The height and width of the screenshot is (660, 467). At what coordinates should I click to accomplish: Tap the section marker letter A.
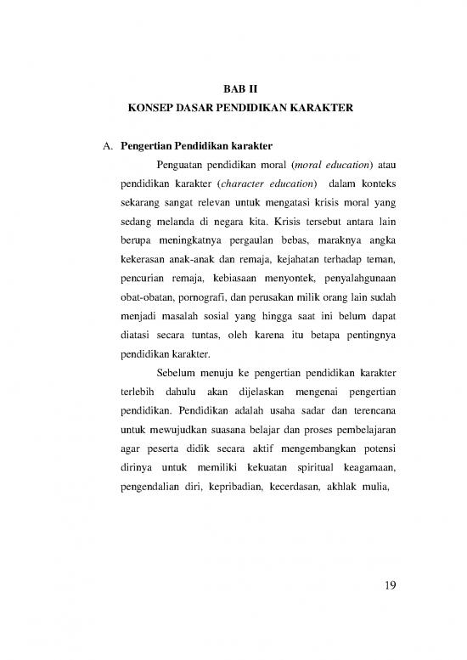106,144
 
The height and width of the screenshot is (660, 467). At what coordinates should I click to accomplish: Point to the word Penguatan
183,164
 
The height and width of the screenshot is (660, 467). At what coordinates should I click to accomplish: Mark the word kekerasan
145,266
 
